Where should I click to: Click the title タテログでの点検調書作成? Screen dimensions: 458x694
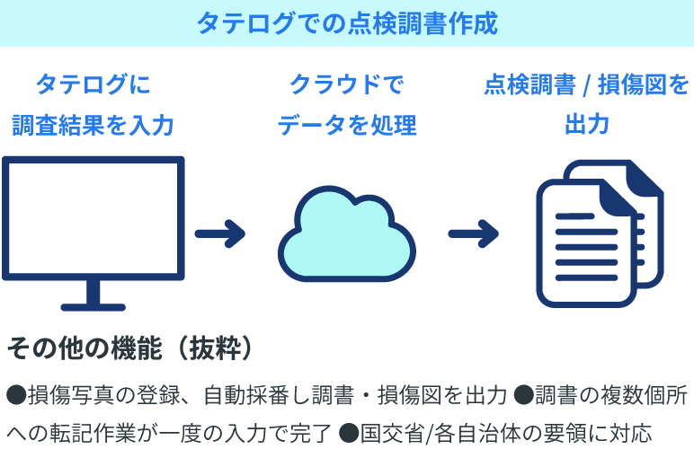coord(347,23)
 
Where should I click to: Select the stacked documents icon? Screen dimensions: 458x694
coord(598,235)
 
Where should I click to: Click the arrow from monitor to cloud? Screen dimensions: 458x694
coord(220,235)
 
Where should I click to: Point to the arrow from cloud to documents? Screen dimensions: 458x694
coord(474,235)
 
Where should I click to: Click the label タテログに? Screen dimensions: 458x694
coord(93,85)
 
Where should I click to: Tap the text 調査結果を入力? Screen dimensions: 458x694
coord(93,125)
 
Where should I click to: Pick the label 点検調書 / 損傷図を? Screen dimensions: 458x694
coord(586,85)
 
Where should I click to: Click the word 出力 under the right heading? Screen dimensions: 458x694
coord(586,125)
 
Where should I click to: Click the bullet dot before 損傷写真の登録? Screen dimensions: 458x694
coord(16,394)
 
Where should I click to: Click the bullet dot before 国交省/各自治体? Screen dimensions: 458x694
coord(349,434)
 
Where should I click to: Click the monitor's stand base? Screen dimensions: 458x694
coord(93,304)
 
